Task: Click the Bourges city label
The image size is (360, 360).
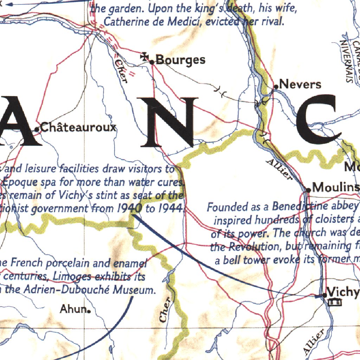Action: click(x=180, y=60)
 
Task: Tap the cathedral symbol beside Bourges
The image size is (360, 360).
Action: click(x=144, y=56)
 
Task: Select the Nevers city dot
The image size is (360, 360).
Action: click(x=276, y=86)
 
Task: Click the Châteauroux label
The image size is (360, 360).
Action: click(x=78, y=127)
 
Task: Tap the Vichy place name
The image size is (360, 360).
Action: click(x=343, y=292)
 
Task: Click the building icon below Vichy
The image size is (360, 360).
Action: click(x=334, y=302)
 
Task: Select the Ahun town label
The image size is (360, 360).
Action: click(x=73, y=309)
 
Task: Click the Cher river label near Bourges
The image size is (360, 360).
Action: click(x=121, y=70)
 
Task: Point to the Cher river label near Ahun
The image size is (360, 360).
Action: click(x=165, y=309)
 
